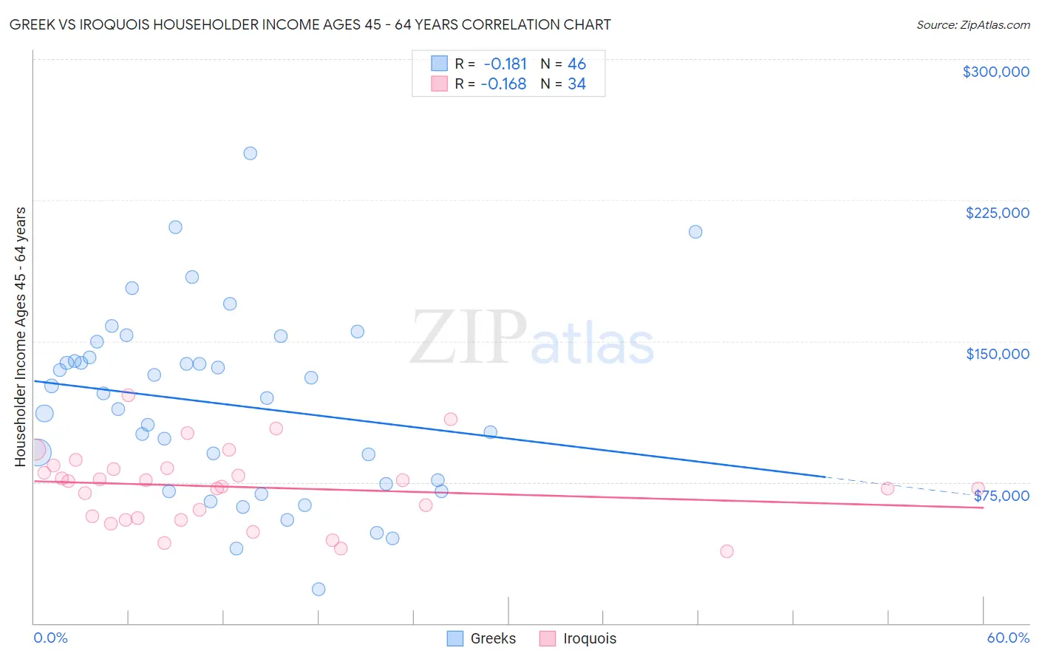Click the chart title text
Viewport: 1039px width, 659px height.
[x=310, y=24]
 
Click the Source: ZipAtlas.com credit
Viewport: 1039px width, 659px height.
[x=972, y=24]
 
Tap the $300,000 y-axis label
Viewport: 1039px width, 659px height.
[x=995, y=72]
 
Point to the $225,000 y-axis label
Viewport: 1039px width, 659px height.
[x=997, y=213]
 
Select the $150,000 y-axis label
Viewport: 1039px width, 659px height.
[x=997, y=354]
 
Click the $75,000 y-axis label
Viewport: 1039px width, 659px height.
[x=1001, y=496]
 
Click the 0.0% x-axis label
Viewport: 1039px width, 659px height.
[x=50, y=638]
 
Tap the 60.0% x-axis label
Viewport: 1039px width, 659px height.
[x=1007, y=638]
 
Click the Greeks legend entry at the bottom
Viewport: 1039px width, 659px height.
[x=482, y=638]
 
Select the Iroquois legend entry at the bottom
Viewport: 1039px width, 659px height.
[x=578, y=638]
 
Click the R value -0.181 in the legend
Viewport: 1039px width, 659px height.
[x=505, y=64]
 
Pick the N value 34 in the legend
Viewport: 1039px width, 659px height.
[x=576, y=84]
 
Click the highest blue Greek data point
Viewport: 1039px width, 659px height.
[x=251, y=154]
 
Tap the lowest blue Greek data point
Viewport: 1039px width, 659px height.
[x=318, y=589]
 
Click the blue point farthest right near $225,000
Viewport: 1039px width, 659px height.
[x=695, y=232]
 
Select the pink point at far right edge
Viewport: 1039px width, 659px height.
[x=978, y=488]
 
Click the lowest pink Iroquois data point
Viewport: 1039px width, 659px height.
[x=726, y=551]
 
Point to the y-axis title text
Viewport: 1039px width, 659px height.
[x=21, y=337]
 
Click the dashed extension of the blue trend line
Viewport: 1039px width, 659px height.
[x=902, y=486]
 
